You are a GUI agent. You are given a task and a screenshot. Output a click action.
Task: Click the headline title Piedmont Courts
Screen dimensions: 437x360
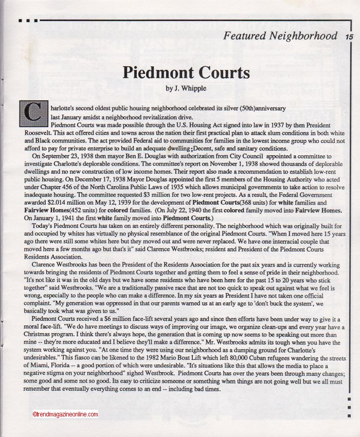click(186, 72)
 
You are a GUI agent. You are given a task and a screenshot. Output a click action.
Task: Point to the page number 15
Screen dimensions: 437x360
click(349, 37)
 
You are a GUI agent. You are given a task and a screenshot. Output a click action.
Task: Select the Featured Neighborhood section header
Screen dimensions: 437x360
click(280, 36)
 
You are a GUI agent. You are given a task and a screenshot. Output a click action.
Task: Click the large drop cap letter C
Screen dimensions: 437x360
click(32, 112)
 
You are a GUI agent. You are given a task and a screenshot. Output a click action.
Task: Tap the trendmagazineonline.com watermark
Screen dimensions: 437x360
click(64, 414)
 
